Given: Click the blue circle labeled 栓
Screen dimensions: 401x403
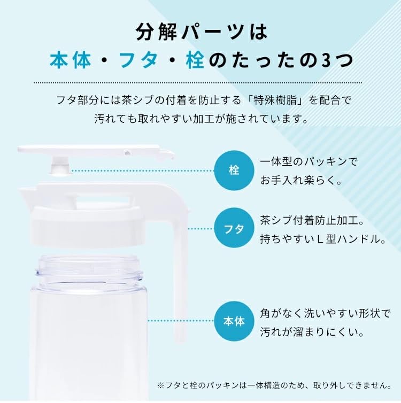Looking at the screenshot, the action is (x=234, y=170).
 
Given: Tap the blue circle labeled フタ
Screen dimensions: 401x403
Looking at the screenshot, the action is (x=234, y=228).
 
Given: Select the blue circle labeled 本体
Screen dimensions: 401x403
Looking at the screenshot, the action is (x=234, y=321).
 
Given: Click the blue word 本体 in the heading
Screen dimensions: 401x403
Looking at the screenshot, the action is (x=71, y=60).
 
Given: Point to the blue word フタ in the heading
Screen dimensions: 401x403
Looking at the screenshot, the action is (x=138, y=60).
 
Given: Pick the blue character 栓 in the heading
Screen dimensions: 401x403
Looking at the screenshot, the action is (x=195, y=60).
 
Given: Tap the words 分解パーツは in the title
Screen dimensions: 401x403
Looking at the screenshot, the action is (x=202, y=32).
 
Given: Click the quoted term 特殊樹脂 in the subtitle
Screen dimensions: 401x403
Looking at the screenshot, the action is (x=274, y=100).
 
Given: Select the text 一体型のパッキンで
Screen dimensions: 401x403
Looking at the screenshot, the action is (x=309, y=162).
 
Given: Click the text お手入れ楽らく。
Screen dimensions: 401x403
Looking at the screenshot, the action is (x=301, y=181).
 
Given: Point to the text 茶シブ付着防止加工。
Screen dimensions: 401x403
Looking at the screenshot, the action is (x=312, y=220).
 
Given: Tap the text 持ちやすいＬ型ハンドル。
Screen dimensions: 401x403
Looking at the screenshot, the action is (x=323, y=239).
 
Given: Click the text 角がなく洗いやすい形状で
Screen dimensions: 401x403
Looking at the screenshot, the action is (x=325, y=313).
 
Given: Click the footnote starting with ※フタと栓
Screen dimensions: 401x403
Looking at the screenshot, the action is (x=274, y=385).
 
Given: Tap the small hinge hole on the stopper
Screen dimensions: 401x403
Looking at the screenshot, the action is (x=127, y=153).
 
